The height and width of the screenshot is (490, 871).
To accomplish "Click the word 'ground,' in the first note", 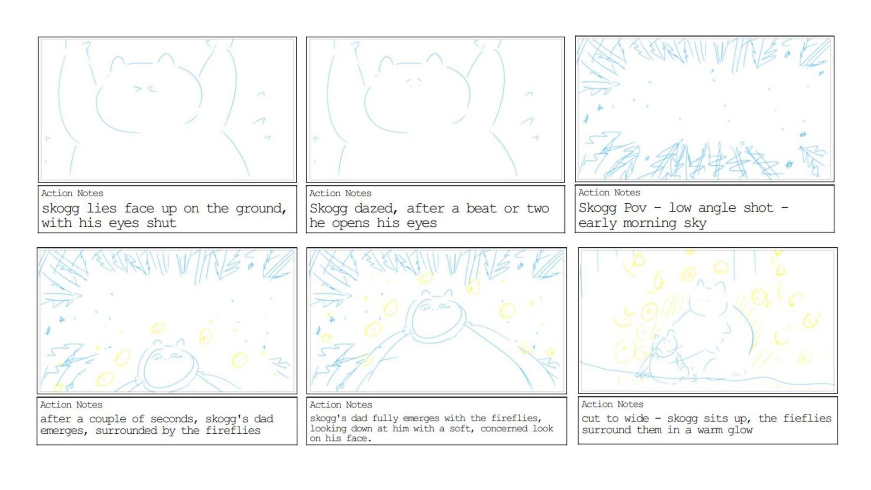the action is pyautogui.click(x=261, y=209).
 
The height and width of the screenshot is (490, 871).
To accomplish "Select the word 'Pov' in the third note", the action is pyautogui.click(x=635, y=208).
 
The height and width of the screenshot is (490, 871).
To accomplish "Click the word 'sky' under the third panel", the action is pyautogui.click(x=695, y=224).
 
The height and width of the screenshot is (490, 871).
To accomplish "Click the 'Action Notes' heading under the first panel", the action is pyautogui.click(x=72, y=193).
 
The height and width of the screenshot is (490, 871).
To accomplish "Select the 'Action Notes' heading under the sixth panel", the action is pyautogui.click(x=612, y=404).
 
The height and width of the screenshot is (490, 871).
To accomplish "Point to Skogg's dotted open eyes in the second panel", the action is pyautogui.click(x=413, y=82).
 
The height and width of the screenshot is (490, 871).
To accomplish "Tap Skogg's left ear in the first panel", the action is pyautogui.click(x=118, y=64).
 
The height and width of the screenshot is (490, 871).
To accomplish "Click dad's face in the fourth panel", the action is pyautogui.click(x=167, y=358).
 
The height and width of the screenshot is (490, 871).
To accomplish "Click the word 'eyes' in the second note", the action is pyautogui.click(x=421, y=224).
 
